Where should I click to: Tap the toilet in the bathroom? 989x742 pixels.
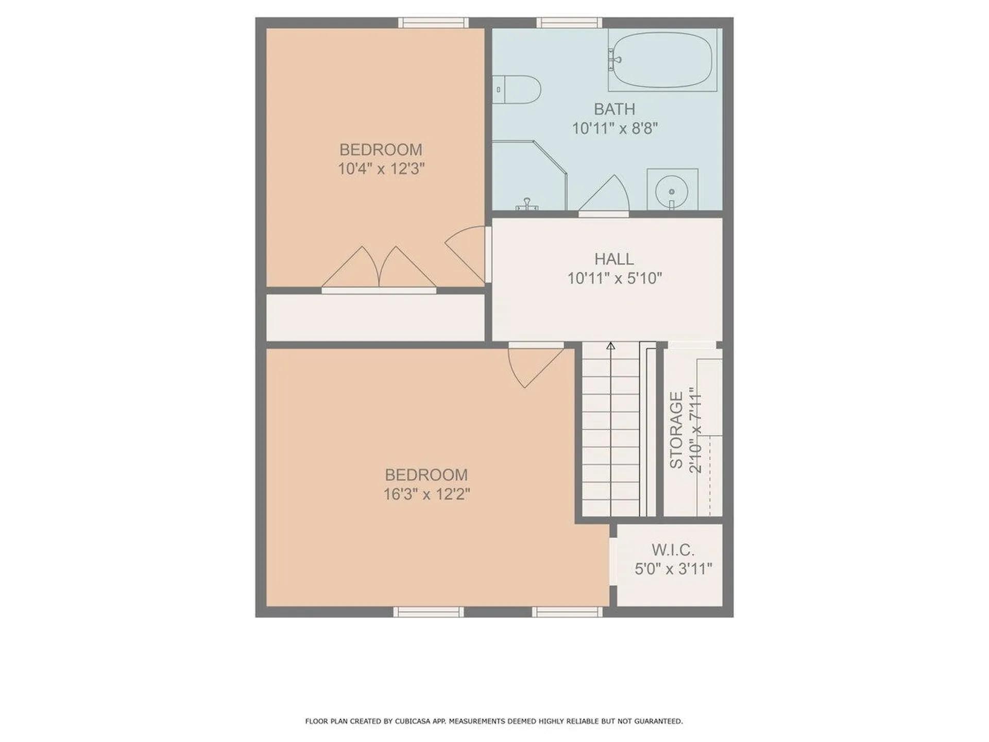tap(517, 90)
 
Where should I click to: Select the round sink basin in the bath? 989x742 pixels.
tap(672, 191)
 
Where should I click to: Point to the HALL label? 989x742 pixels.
tap(614, 259)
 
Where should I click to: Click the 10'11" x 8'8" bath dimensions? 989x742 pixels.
tap(615, 128)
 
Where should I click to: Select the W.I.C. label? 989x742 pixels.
tap(673, 550)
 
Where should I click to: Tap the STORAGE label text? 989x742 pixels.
tap(676, 430)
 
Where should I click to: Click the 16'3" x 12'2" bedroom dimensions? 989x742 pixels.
tap(427, 495)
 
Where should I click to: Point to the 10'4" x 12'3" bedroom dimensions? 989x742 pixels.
tap(381, 168)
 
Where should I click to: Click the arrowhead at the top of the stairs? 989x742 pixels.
tap(611, 346)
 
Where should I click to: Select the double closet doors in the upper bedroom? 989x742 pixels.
tap(379, 268)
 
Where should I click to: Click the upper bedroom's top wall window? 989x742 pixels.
tap(433, 23)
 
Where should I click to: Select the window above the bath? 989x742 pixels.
tap(569, 23)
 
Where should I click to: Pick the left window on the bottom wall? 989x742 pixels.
tap(429, 612)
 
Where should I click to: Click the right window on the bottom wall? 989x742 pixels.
tap(567, 612)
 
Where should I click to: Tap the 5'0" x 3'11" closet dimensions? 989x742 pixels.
tap(673, 569)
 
